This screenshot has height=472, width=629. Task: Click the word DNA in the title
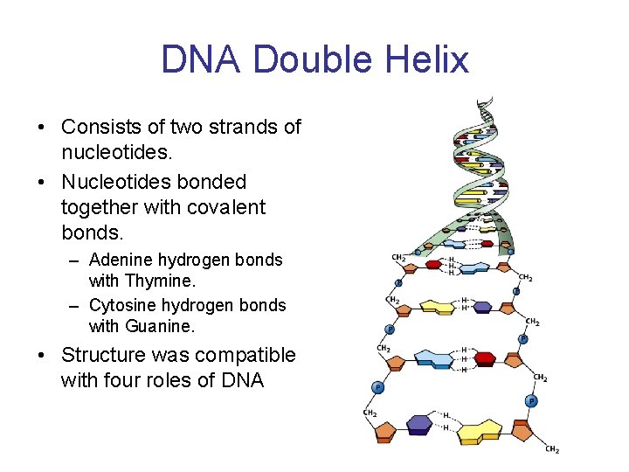click(x=201, y=59)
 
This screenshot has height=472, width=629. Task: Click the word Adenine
click(x=121, y=260)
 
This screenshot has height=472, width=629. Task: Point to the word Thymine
click(x=162, y=281)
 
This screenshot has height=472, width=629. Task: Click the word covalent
click(x=225, y=208)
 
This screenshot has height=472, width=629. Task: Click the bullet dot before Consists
click(x=42, y=128)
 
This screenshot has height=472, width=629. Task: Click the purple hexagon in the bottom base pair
click(x=420, y=424)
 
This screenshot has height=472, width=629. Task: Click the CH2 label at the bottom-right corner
click(x=552, y=449)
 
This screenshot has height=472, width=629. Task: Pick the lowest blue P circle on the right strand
click(x=530, y=400)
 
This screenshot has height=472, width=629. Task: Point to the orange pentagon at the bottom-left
click(x=384, y=429)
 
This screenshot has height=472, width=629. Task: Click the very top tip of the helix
click(x=480, y=100)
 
